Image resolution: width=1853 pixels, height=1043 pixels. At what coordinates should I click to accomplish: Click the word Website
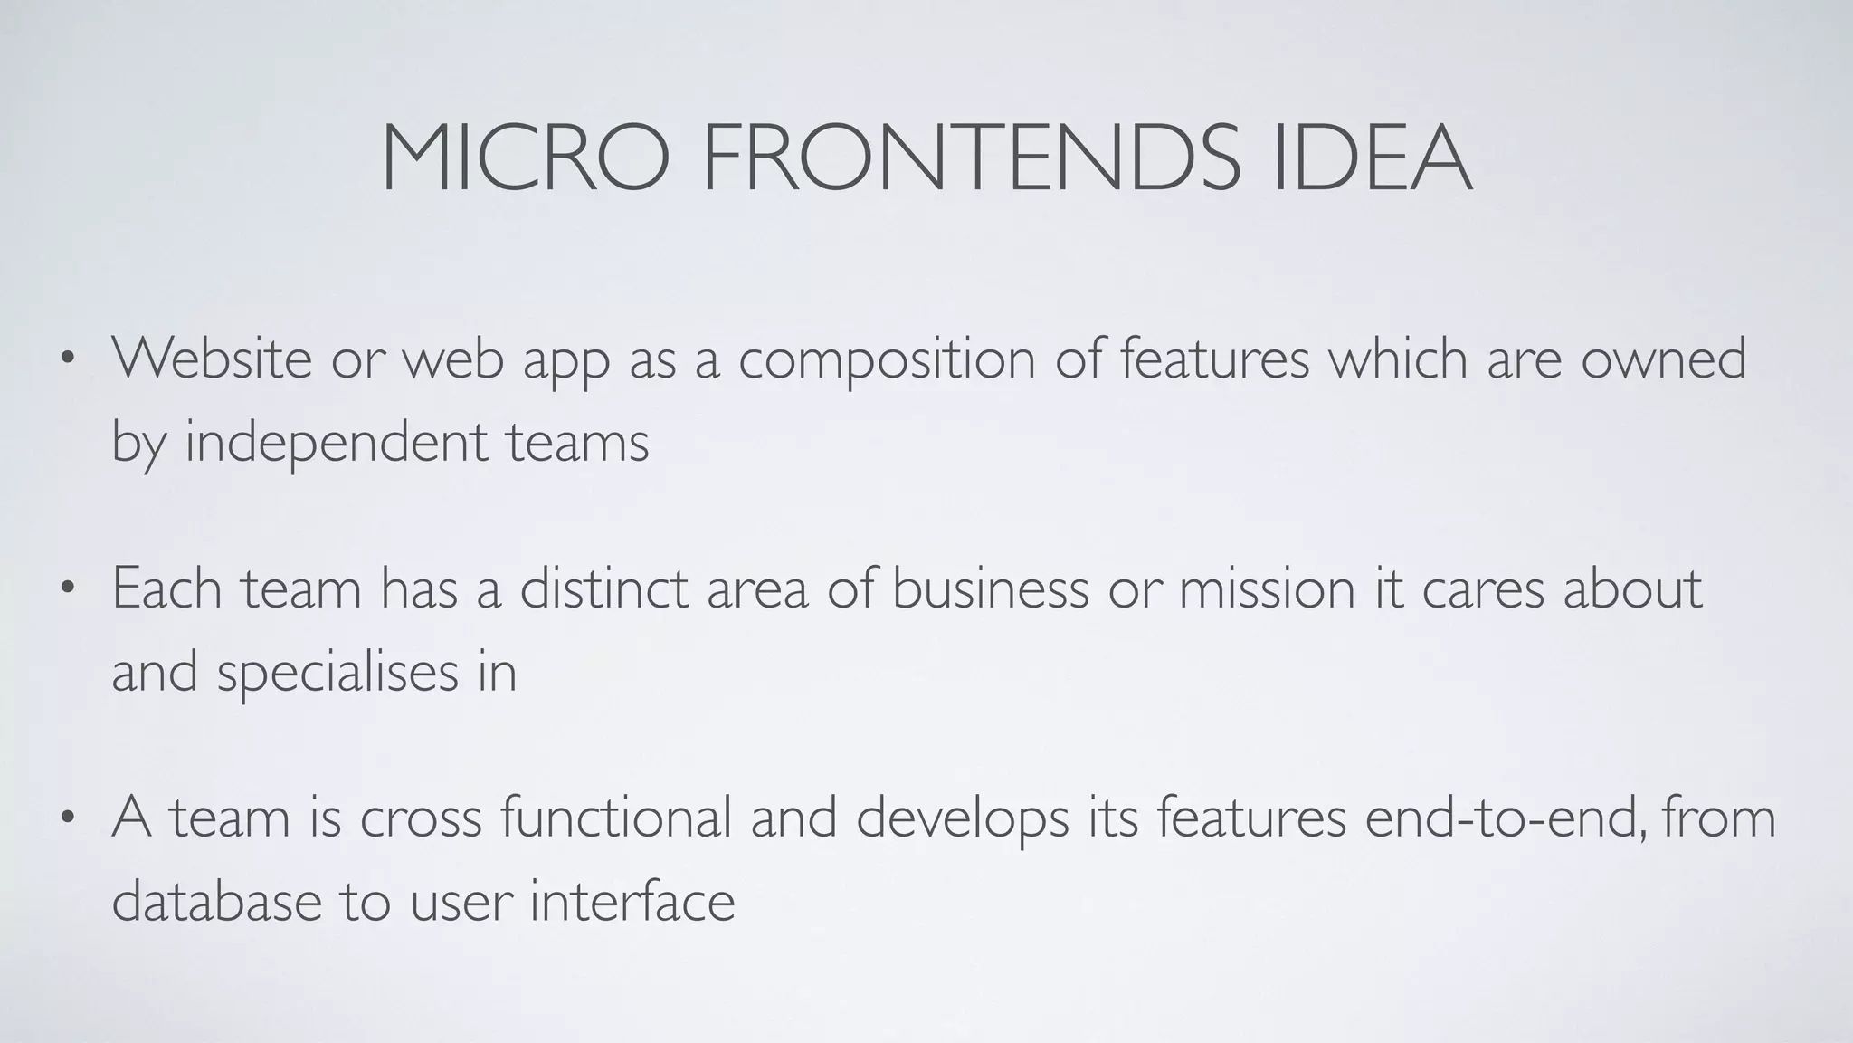212,358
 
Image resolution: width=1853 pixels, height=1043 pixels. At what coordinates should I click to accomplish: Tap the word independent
336,444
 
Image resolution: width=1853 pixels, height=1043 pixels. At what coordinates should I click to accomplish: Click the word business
990,588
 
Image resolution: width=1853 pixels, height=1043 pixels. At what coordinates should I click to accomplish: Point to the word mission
1266,588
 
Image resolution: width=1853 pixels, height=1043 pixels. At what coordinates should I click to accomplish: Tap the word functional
615,817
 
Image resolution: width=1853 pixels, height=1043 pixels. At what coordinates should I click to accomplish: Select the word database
216,902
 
